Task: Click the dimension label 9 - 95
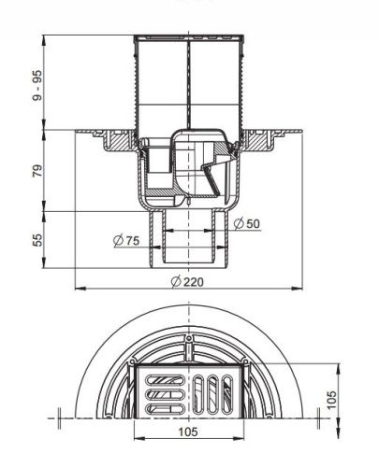(37, 85)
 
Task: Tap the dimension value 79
(37, 171)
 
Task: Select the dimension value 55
(37, 240)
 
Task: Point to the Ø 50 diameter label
(246, 223)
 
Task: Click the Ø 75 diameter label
(126, 240)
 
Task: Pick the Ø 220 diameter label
(187, 282)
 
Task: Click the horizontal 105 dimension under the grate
(188, 432)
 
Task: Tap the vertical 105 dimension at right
(332, 400)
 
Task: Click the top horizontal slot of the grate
(165, 380)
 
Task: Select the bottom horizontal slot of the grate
(165, 409)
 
